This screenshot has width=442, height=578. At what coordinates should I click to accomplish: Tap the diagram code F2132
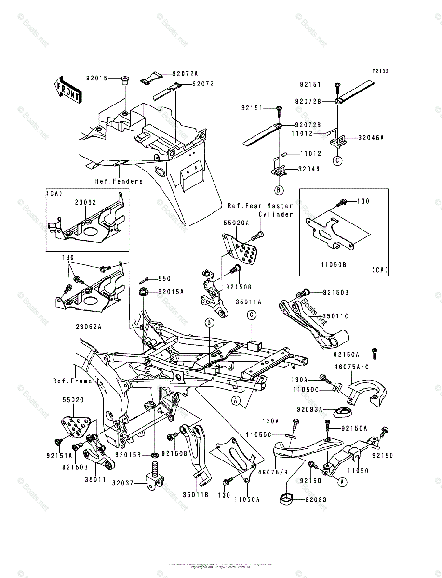click(379, 71)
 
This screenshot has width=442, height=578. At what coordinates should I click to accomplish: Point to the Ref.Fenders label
click(119, 181)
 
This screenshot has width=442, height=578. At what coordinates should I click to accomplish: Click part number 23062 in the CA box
click(85, 203)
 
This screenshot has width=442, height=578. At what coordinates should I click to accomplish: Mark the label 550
click(164, 278)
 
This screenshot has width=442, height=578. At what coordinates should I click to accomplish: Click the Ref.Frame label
click(72, 381)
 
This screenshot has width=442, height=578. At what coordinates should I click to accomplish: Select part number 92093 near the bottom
click(316, 499)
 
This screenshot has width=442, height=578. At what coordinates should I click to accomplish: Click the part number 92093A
click(309, 410)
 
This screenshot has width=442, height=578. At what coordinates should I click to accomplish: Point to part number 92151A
click(59, 455)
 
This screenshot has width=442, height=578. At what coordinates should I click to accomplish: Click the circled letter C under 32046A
click(338, 161)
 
